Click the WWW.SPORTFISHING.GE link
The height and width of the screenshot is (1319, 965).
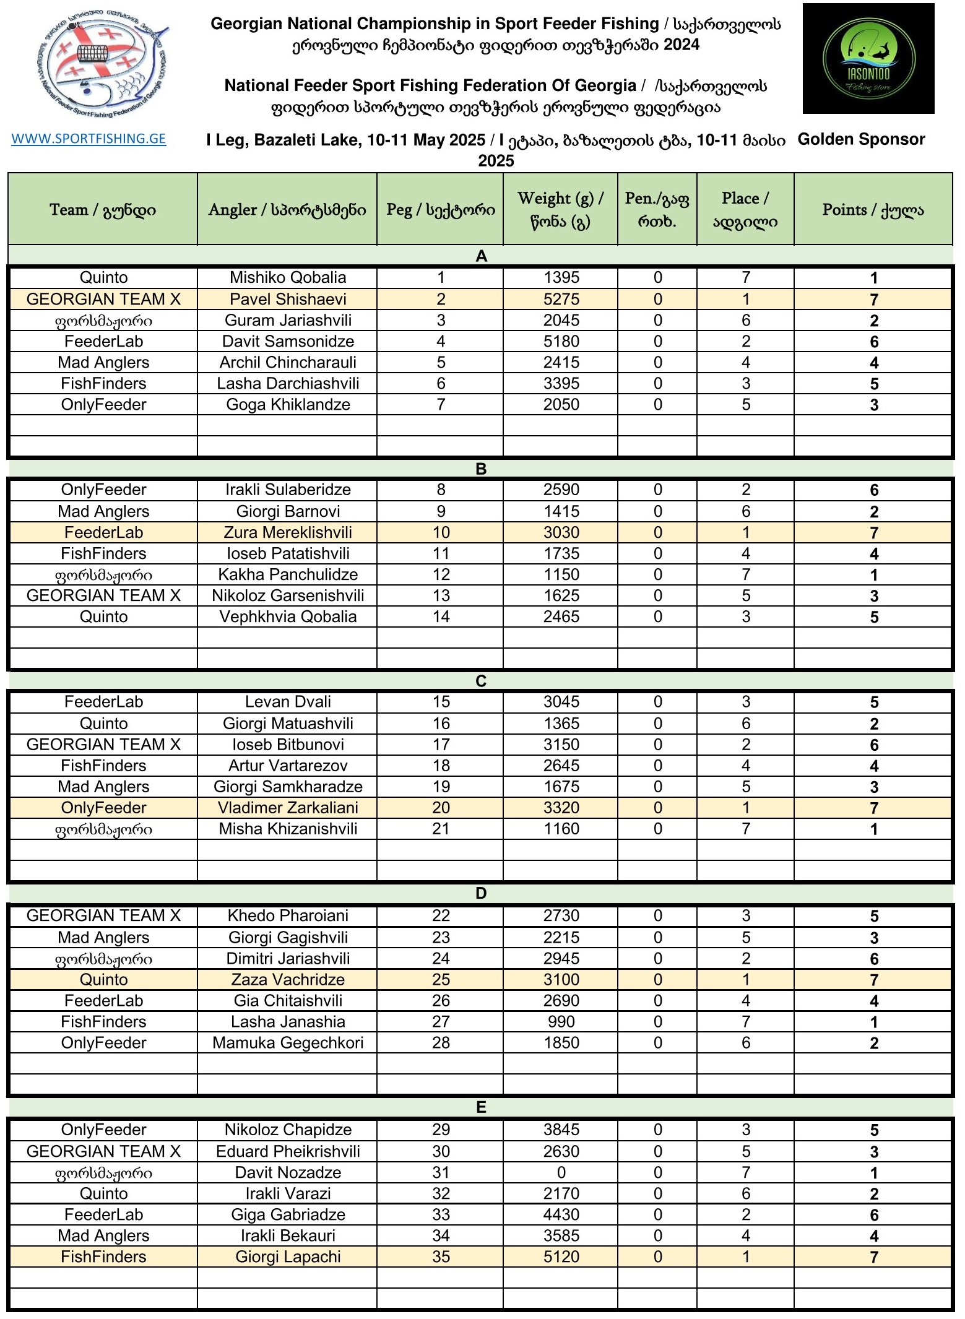click(x=89, y=139)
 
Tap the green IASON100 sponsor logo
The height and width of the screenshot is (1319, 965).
click(x=868, y=59)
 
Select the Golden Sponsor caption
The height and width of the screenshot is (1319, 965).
click(x=861, y=139)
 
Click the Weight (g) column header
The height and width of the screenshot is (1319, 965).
click(x=560, y=209)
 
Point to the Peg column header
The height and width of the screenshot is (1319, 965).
click(x=440, y=209)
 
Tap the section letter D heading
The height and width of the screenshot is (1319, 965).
click(x=481, y=893)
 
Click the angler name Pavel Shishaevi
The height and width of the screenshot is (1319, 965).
click(x=288, y=300)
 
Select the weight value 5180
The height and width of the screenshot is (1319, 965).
click(x=561, y=342)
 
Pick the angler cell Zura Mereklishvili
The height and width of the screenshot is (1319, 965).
click(x=288, y=532)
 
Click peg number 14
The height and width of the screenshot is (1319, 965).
click(x=441, y=616)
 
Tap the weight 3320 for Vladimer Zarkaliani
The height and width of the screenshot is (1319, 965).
click(x=561, y=808)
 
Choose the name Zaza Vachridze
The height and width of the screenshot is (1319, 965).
click(x=288, y=980)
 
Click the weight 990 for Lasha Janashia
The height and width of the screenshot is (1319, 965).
click(x=561, y=1022)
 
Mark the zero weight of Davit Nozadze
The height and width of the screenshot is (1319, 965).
click(x=561, y=1172)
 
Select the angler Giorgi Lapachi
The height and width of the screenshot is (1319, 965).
click(x=288, y=1256)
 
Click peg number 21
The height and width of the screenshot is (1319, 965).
click(x=441, y=829)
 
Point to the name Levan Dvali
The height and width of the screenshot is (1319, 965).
click(x=288, y=702)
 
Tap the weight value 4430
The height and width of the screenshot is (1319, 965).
click(x=561, y=1214)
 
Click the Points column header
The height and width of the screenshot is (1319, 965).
click(x=873, y=209)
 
